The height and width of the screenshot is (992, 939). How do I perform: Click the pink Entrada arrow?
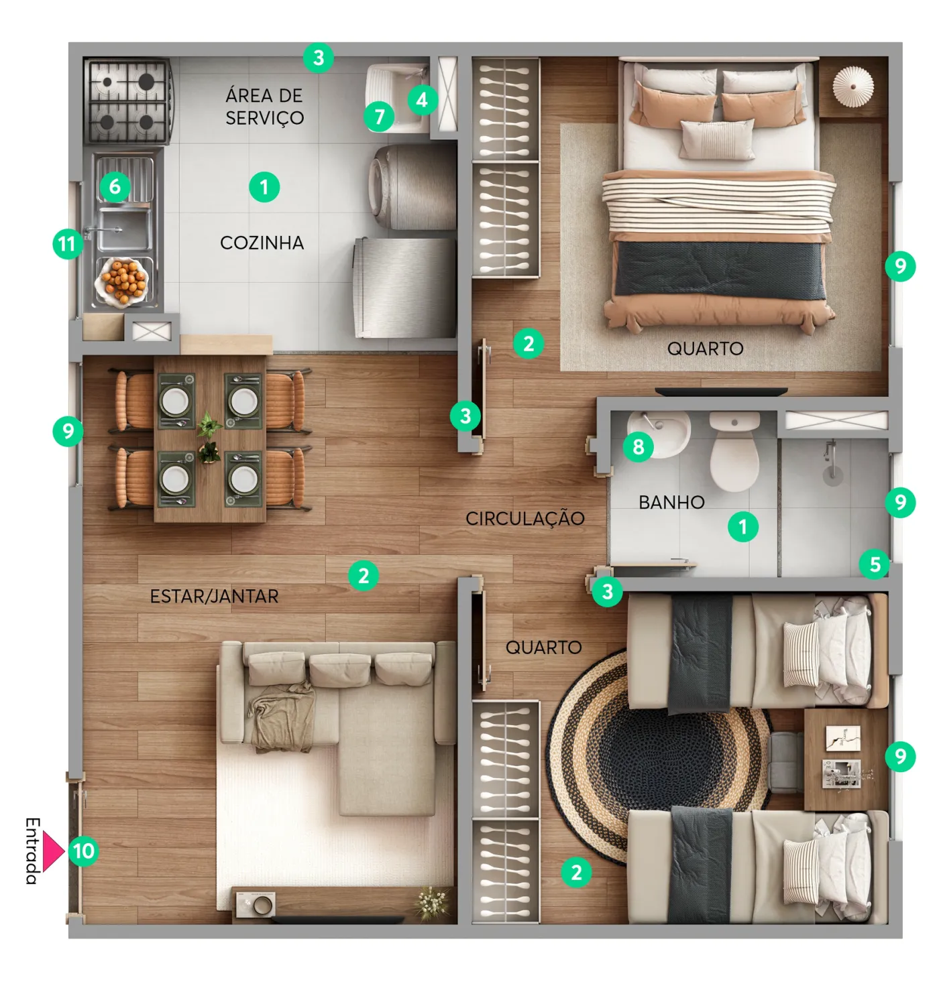coord(52,851)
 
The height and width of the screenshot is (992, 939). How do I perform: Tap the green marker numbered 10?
coord(83,851)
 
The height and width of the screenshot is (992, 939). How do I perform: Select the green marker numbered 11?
coord(68,244)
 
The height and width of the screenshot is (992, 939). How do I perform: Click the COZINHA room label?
coord(262,243)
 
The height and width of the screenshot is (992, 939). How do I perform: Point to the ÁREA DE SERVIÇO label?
coord(264,107)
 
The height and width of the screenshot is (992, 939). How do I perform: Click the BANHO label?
coord(671,502)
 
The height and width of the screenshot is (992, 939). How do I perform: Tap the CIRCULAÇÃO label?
coord(524,518)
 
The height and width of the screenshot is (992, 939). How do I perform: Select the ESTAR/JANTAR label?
coord(214,596)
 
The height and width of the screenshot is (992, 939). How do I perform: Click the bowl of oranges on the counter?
coord(123,282)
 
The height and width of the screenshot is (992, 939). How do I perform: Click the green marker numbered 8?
coord(638,446)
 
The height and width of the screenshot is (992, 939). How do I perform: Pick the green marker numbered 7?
coord(379,117)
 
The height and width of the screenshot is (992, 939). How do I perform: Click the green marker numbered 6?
coord(115,187)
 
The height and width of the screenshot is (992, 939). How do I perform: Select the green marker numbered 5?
coord(875,564)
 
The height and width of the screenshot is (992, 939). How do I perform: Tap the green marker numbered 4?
coord(423,100)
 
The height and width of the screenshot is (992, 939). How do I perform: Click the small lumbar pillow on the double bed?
coord(716,139)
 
